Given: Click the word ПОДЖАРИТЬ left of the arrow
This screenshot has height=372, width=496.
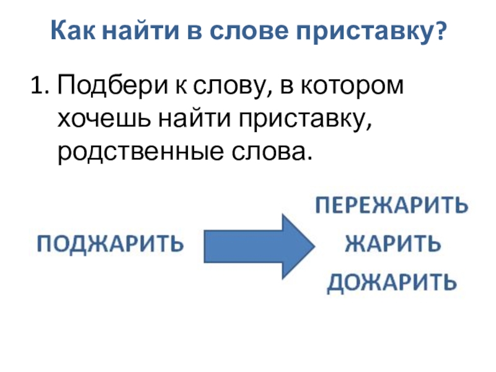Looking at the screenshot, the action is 112,242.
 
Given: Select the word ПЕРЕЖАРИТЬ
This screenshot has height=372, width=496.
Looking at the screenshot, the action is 392,206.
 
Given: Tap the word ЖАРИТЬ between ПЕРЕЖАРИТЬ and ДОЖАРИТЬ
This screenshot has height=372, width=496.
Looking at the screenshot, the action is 392,244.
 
